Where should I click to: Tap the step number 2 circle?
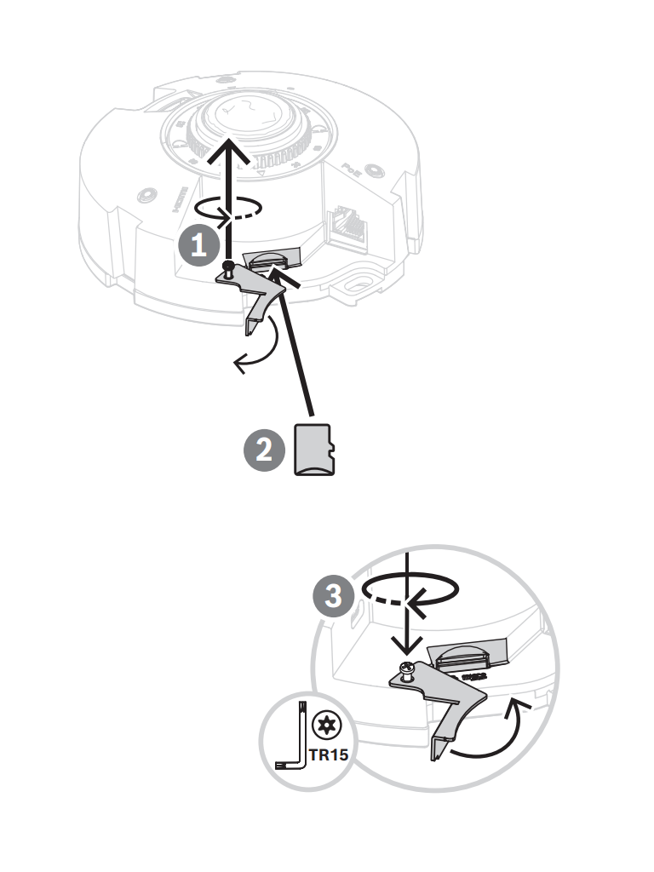click(x=265, y=449)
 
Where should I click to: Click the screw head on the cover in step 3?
click(x=408, y=671)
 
